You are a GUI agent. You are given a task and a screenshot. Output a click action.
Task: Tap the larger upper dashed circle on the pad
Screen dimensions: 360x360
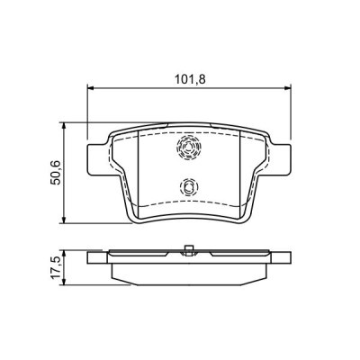click(188, 149)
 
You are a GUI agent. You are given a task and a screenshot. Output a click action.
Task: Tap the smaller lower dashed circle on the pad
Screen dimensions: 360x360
click(187, 187)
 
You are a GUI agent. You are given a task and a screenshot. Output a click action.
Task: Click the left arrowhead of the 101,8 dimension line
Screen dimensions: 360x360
click(91, 88)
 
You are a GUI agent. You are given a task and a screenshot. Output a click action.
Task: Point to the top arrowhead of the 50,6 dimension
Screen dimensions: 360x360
click(66, 123)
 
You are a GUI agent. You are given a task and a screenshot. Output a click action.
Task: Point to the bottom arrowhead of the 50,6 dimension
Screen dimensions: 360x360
click(66, 220)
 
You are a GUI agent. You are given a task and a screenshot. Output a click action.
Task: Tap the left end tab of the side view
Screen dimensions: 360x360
click(97, 258)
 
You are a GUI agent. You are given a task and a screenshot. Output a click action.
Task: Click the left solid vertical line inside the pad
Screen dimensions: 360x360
click(139, 171)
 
